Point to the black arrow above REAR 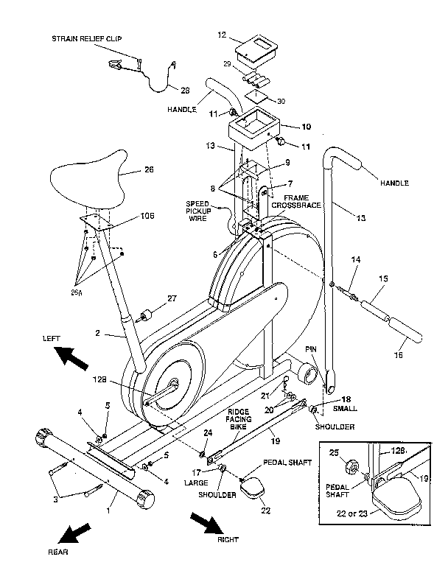[x=76, y=533]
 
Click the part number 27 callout [x=172, y=298]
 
